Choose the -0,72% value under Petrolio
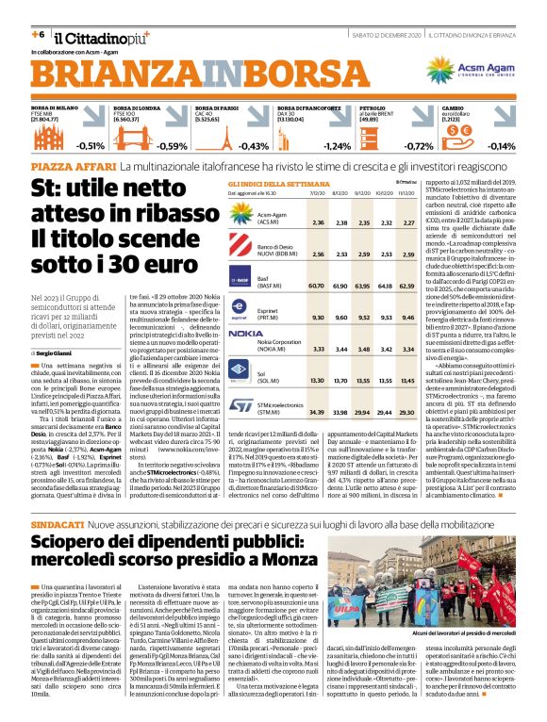(418, 146)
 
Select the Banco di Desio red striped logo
(214, 248)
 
